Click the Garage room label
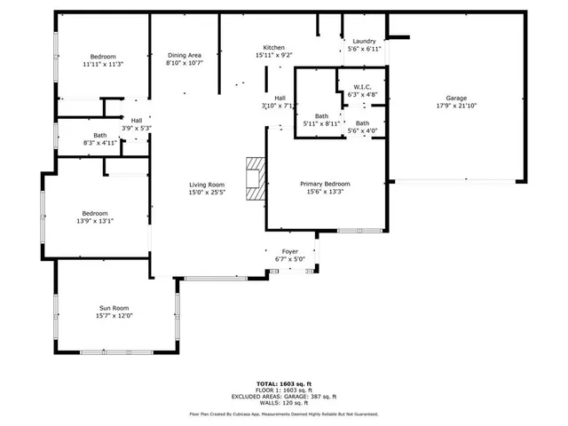(x=456, y=99)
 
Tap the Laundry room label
(x=364, y=41)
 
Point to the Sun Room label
(x=114, y=308)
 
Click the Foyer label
(x=290, y=252)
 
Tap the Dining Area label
(x=185, y=55)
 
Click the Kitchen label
(x=273, y=47)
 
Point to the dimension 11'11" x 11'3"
(x=102, y=64)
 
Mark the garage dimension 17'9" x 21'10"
(x=456, y=106)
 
